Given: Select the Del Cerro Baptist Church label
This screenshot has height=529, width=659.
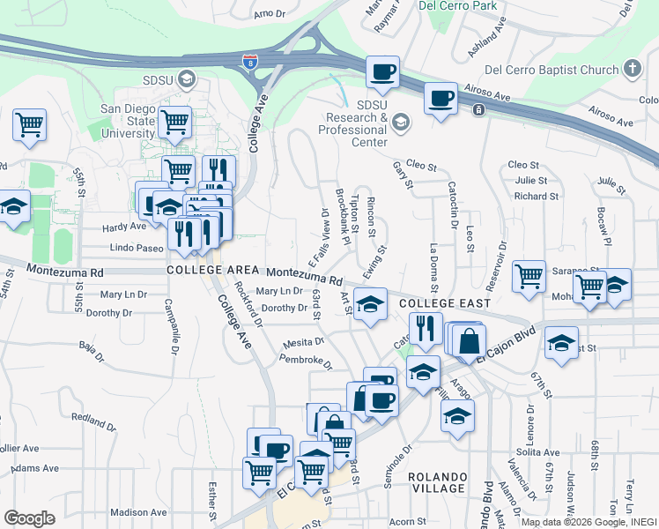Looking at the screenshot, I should pyautogui.click(x=551, y=70).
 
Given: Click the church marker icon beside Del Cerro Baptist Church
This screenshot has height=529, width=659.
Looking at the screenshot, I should pyautogui.click(x=632, y=68).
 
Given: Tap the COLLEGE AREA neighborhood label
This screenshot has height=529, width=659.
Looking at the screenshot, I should pyautogui.click(x=212, y=270).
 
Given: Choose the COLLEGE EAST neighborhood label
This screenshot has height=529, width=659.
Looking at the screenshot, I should pyautogui.click(x=444, y=303).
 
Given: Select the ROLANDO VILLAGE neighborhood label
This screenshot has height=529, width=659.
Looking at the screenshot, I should pyautogui.click(x=437, y=482).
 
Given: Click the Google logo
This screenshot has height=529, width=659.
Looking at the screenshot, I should pyautogui.click(x=29, y=518).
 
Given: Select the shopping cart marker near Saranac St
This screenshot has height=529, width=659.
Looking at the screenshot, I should pyautogui.click(x=529, y=275).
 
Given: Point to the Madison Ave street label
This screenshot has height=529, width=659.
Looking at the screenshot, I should pyautogui.click(x=139, y=512).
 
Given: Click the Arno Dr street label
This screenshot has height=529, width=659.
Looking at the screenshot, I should pyautogui.click(x=270, y=14).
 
